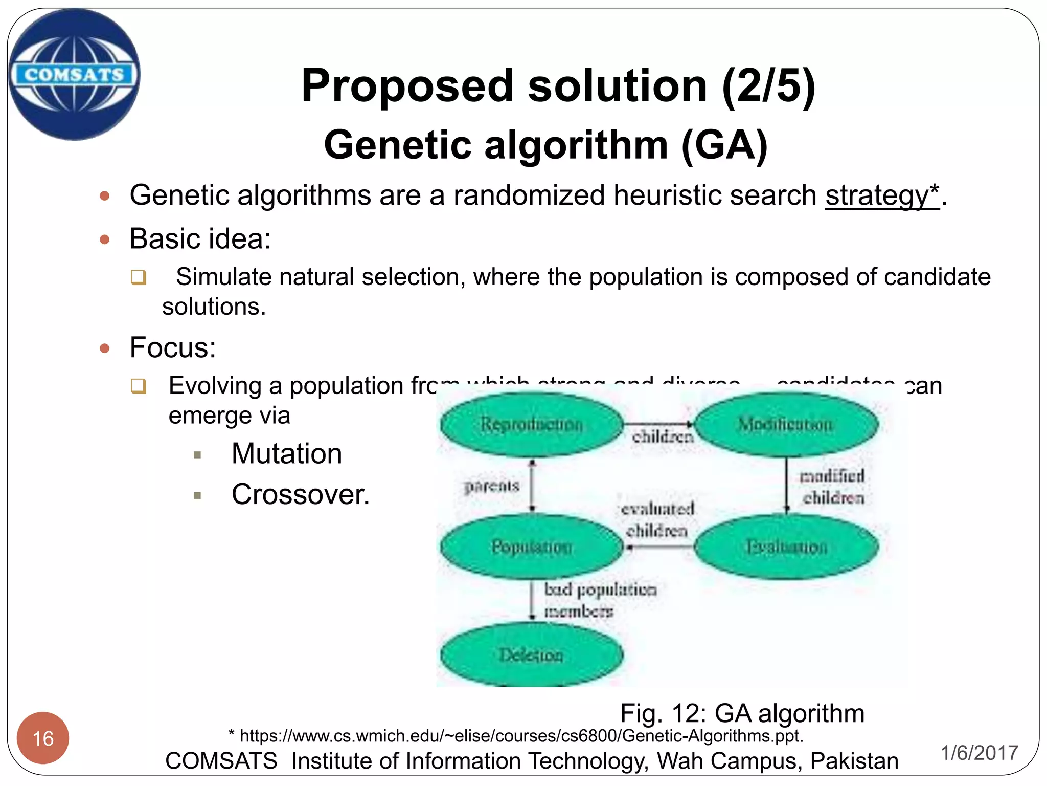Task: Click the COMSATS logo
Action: [74, 74]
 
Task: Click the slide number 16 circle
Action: [43, 738]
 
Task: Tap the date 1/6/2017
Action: [979, 753]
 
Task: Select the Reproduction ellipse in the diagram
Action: [532, 424]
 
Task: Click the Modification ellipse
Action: [786, 424]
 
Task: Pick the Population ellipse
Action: [532, 547]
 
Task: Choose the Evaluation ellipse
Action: [786, 547]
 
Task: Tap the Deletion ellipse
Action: [532, 654]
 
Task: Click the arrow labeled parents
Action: [532, 485]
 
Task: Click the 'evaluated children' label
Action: [657, 519]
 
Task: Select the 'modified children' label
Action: [832, 487]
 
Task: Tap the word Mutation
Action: [287, 453]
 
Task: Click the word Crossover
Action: [300, 494]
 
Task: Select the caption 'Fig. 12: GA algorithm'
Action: [742, 713]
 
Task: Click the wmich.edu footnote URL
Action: [521, 736]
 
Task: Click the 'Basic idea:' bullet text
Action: [200, 238]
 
